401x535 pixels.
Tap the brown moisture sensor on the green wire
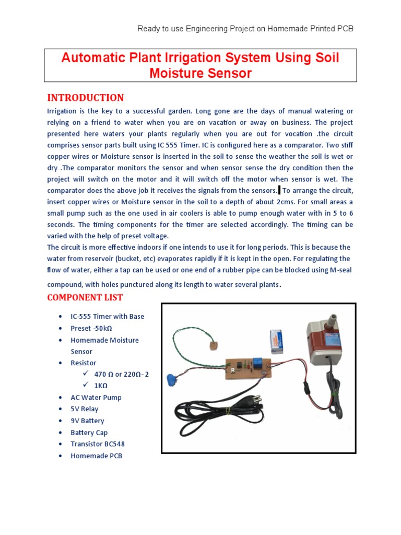point(213,345)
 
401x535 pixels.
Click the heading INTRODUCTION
point(86,98)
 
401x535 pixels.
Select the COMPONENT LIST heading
point(85,297)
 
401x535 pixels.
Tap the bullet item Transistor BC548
point(98,444)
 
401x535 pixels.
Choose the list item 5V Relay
point(84,409)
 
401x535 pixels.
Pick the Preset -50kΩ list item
point(91,328)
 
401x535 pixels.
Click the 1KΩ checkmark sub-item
point(100,386)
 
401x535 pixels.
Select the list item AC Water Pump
point(96,398)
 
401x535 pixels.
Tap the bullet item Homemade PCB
point(96,456)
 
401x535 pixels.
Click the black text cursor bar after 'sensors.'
point(279,190)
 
